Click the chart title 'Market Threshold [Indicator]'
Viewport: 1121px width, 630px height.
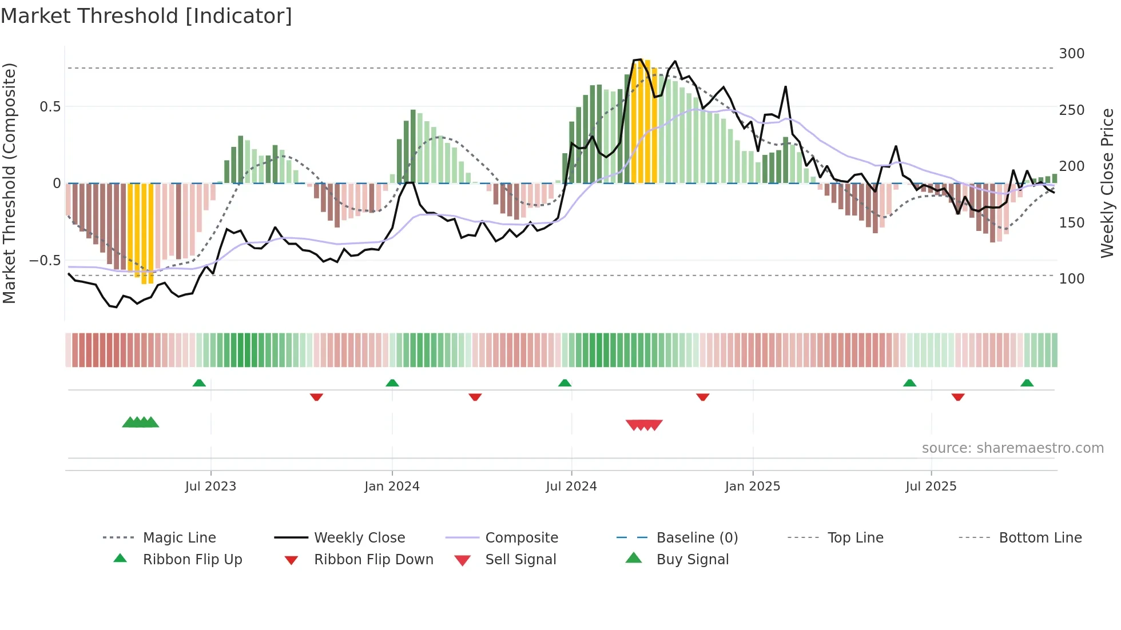[x=146, y=16]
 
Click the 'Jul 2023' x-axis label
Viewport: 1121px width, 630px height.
[x=210, y=487]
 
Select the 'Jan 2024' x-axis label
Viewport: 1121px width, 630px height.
[x=392, y=487]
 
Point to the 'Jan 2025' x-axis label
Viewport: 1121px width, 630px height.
[x=752, y=487]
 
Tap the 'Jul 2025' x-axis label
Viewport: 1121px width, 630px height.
[x=931, y=487]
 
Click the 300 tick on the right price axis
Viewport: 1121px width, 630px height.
[x=1071, y=54]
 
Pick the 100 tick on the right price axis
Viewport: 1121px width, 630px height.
[x=1071, y=279]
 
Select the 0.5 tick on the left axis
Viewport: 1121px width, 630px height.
[x=50, y=107]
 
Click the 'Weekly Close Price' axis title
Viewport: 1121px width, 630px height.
[x=1107, y=183]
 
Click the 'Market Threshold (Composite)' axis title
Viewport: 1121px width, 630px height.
[x=9, y=183]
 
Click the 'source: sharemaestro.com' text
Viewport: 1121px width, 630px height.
[x=1012, y=448]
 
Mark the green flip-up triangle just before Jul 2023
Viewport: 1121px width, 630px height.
[x=199, y=383]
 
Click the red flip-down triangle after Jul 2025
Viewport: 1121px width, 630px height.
[x=958, y=397]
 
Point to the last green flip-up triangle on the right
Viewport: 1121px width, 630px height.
[x=1027, y=383]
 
